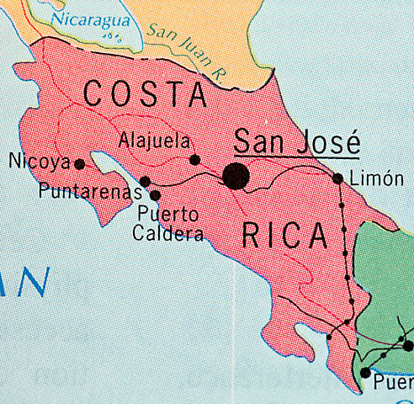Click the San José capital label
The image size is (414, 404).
point(296,140)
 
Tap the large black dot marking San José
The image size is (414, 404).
point(236,176)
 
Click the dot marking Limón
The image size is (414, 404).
point(337,178)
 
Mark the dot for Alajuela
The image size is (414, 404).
point(194,159)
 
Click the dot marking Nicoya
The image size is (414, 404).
point(80,164)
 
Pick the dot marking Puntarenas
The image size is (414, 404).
point(145,181)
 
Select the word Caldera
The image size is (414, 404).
point(168,232)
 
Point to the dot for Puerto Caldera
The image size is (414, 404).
point(155,195)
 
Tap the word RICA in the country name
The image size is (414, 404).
point(284,237)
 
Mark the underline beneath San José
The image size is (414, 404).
point(296,157)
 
